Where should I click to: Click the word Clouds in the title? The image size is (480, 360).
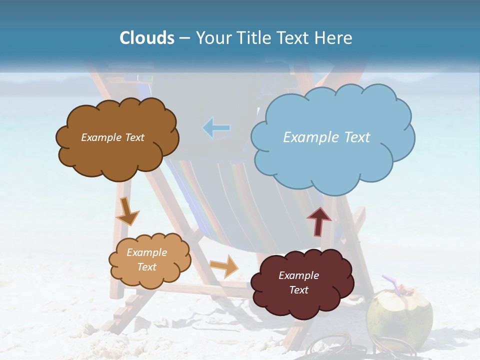click(x=147, y=38)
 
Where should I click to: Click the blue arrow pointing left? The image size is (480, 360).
click(x=216, y=128)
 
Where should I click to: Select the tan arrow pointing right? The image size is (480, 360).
click(x=224, y=265)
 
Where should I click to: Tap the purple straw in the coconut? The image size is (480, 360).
click(x=391, y=283)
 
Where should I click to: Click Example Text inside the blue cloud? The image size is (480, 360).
click(x=326, y=137)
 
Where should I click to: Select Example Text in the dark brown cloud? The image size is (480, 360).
click(x=112, y=137)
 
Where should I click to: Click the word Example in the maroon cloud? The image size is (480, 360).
click(x=298, y=275)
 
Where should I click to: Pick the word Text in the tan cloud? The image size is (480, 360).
click(x=146, y=267)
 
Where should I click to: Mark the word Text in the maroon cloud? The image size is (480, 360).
click(x=298, y=290)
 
